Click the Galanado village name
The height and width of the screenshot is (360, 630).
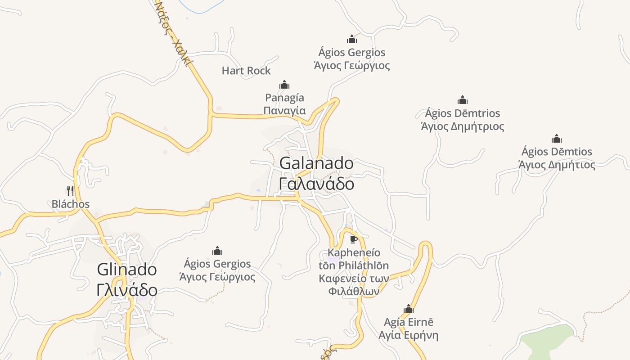pyautogui.click(x=316, y=163)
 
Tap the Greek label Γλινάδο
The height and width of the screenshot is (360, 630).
pyautogui.click(x=127, y=290)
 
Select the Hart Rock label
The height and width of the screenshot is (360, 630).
pyautogui.click(x=246, y=71)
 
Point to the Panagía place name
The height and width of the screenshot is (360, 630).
pyautogui.click(x=284, y=98)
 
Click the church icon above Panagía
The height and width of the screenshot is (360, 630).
pyautogui.click(x=284, y=85)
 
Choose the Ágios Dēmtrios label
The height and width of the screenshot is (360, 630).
pyautogui.click(x=463, y=113)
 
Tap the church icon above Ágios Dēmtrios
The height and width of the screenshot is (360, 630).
pyautogui.click(x=463, y=100)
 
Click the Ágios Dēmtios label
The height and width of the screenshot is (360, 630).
pyautogui.click(x=557, y=152)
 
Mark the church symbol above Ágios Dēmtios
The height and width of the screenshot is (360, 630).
pyautogui.click(x=557, y=139)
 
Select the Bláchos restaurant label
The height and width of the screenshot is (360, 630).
pyautogui.click(x=71, y=204)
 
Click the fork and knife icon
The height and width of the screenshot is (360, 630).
pyautogui.click(x=70, y=191)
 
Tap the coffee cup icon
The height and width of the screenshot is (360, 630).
pyautogui.click(x=354, y=239)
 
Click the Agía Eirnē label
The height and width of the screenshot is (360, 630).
pyautogui.click(x=409, y=322)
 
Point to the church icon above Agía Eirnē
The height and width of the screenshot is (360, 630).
pyautogui.click(x=409, y=309)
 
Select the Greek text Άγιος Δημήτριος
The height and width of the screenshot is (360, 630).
pyautogui.click(x=463, y=126)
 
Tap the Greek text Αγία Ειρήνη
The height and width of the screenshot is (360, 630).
pyautogui.click(x=409, y=336)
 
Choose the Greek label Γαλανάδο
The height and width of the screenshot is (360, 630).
pyautogui.click(x=316, y=184)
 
